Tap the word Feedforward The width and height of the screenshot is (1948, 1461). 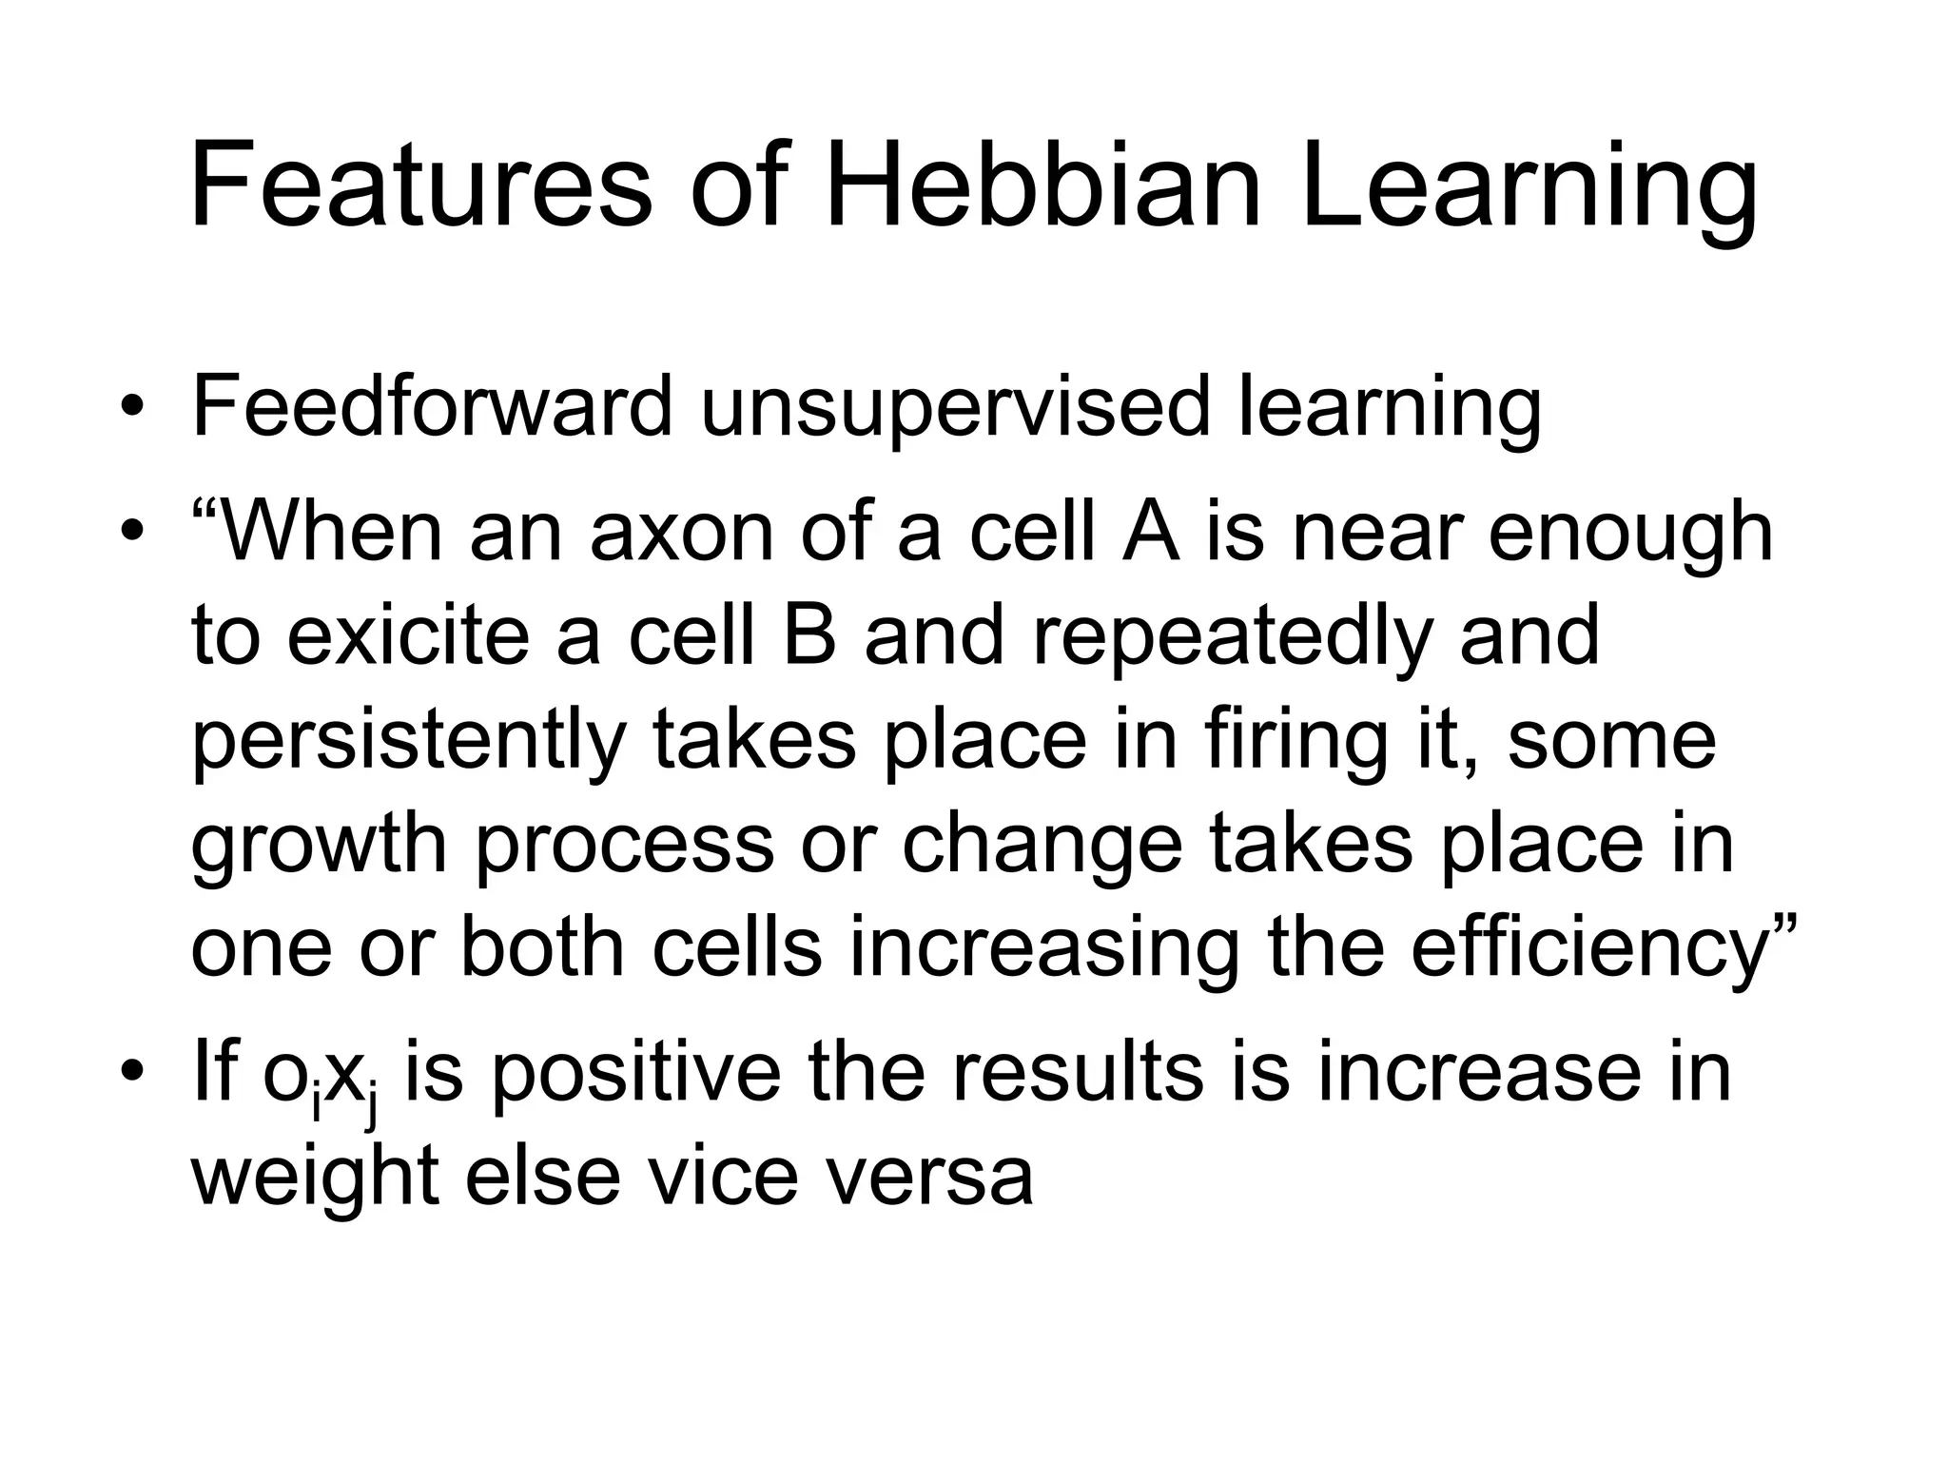(431, 406)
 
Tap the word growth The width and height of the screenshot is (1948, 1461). (319, 846)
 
